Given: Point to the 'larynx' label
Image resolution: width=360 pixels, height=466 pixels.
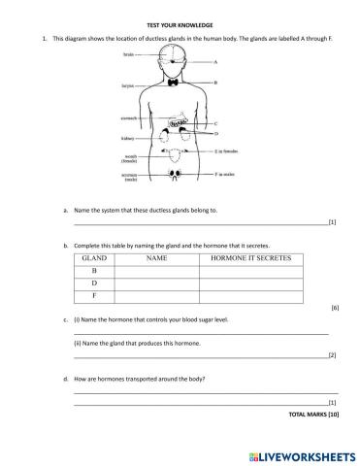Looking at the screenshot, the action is pos(128,85).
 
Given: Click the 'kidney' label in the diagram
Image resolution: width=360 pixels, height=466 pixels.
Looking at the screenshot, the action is pos(127,138).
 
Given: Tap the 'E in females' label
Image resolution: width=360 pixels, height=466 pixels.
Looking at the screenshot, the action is pos(226,152).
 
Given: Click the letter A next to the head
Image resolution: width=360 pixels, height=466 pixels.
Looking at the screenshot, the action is pos(214,62).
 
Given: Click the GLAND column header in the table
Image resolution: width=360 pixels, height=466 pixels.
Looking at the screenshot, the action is pos(94,259).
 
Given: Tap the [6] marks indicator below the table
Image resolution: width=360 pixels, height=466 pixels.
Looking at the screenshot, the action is pos(333,308).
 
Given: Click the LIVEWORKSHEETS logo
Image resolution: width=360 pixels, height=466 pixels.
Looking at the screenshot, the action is pos(300,453).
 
